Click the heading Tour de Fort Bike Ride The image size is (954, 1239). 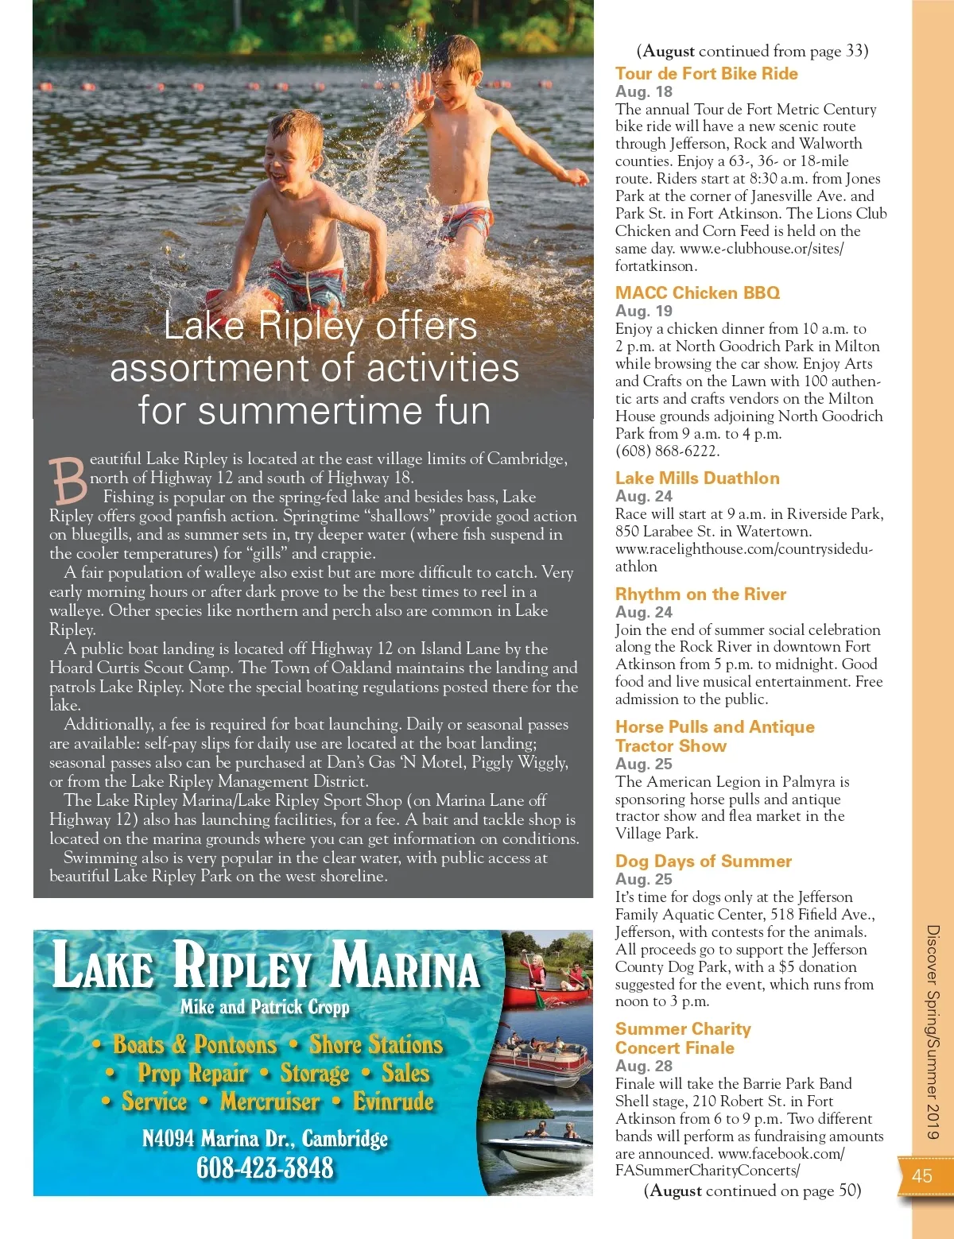(706, 74)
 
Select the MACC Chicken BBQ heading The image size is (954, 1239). (697, 293)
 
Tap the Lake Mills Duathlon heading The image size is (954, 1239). (697, 478)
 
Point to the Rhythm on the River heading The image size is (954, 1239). (700, 594)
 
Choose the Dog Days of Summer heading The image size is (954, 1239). (703, 861)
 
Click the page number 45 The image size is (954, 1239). (922, 1176)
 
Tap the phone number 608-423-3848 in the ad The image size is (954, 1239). (265, 1168)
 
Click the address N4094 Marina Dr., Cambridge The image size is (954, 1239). (265, 1139)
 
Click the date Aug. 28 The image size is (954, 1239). (643, 1066)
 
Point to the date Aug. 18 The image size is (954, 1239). (643, 91)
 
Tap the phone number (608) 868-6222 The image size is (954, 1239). (667, 451)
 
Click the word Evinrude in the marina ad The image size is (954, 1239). (394, 1102)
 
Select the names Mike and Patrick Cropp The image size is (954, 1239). (265, 1008)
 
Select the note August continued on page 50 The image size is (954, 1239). (752, 1191)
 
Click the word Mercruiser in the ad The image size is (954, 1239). (270, 1102)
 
